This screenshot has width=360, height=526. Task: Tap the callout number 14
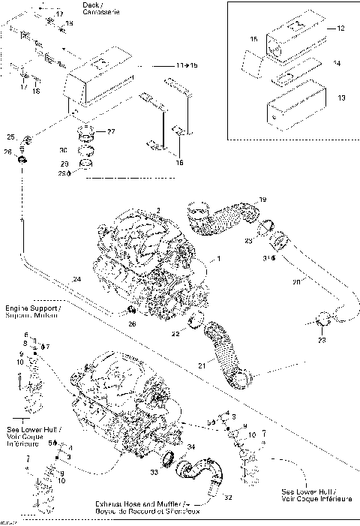point(336,64)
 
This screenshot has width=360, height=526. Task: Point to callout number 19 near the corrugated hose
point(262,199)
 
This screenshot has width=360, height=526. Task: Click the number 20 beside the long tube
point(295,282)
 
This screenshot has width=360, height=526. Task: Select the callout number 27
point(110,132)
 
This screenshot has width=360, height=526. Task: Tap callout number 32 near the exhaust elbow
point(227,497)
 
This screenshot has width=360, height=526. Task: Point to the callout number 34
point(190,448)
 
